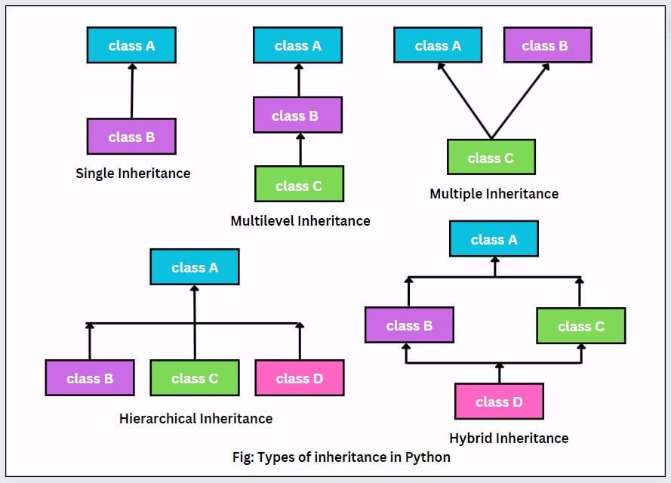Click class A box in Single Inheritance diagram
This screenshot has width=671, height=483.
point(131,45)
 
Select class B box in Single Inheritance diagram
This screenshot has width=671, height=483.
point(131,137)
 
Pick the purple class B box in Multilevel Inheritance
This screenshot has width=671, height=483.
point(297,115)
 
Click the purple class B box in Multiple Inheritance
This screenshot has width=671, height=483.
point(547,45)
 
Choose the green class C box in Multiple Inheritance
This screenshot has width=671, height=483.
point(491,157)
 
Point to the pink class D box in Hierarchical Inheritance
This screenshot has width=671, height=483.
point(299,378)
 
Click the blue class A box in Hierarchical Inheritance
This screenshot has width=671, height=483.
point(195,267)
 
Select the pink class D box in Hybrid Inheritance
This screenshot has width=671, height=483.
point(499,401)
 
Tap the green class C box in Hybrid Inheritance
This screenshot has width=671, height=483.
point(580,326)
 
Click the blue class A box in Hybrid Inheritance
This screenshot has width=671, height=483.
point(494,239)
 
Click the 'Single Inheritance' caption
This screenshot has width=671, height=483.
point(133,174)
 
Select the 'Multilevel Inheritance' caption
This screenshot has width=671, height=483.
point(300,221)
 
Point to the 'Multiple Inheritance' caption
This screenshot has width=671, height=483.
point(494,194)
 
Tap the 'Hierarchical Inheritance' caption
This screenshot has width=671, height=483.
point(195,418)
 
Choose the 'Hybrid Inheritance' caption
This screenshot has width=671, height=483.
point(509,438)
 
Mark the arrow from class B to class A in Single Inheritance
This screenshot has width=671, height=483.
point(132,91)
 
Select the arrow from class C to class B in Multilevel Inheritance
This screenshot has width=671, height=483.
point(300,149)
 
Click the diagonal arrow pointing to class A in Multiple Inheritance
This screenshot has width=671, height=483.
point(464,100)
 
